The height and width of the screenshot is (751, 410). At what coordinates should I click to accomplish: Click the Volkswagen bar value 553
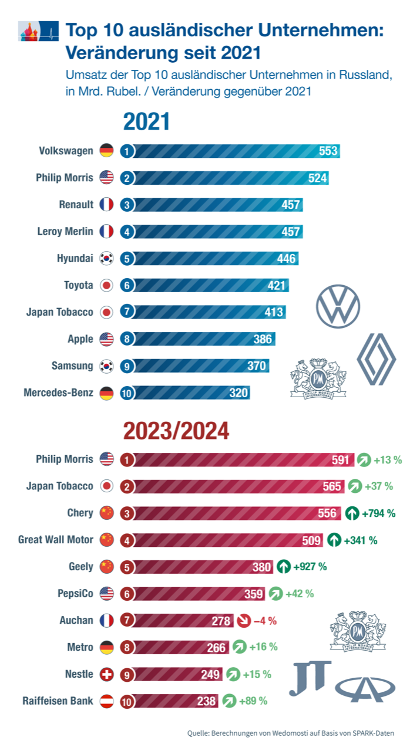[x=328, y=151]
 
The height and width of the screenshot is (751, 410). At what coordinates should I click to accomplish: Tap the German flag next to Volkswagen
[x=106, y=151]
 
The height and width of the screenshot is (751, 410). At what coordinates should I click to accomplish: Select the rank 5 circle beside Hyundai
[x=127, y=258]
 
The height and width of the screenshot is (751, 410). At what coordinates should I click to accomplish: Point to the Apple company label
[x=80, y=339]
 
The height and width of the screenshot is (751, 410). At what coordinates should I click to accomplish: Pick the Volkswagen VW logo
[x=338, y=307]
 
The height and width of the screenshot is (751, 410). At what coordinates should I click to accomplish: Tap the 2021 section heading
[x=146, y=122]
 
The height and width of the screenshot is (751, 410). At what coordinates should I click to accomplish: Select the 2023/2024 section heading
[x=176, y=431]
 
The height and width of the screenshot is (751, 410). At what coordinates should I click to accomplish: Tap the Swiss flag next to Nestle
[x=106, y=674]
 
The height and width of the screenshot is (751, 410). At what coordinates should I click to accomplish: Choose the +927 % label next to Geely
[x=311, y=567]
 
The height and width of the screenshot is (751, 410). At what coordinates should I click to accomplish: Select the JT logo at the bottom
[x=310, y=678]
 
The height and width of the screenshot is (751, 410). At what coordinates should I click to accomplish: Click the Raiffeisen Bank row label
[x=58, y=701]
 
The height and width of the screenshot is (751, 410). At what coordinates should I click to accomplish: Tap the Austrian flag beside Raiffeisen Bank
[x=106, y=701]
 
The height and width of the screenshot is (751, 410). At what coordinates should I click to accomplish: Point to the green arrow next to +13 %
[x=364, y=459]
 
